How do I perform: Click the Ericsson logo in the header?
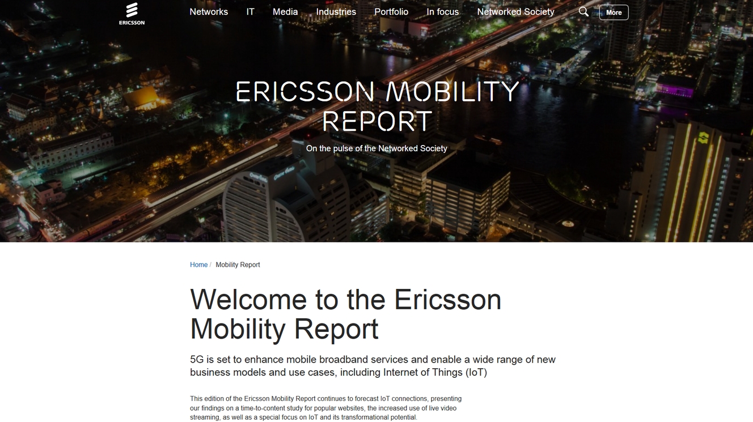click(x=132, y=14)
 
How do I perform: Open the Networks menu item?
click(x=209, y=12)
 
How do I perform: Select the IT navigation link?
click(x=250, y=12)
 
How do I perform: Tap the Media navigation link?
click(x=285, y=12)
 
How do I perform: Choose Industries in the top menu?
click(x=336, y=12)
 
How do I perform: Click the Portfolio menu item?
click(x=391, y=12)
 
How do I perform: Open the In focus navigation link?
click(x=442, y=12)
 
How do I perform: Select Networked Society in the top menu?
click(x=515, y=12)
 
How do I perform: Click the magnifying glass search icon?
click(x=583, y=12)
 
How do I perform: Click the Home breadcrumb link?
click(x=198, y=265)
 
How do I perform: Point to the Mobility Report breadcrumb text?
click(x=238, y=265)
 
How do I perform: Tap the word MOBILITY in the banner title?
click(x=452, y=91)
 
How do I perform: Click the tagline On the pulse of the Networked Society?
click(x=376, y=148)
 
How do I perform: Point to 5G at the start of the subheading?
click(x=197, y=360)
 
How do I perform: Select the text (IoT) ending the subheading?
click(x=476, y=372)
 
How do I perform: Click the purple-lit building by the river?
click(x=674, y=87)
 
